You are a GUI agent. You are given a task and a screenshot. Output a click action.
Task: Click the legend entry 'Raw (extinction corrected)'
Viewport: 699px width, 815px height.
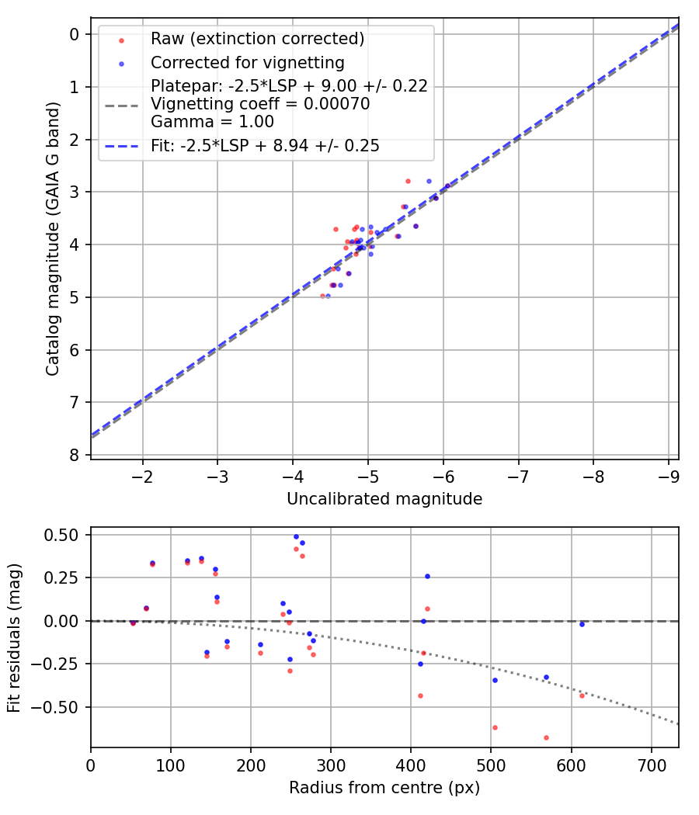point(257,38)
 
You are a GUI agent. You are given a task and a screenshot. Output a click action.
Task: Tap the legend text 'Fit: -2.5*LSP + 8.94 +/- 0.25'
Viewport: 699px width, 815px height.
point(265,145)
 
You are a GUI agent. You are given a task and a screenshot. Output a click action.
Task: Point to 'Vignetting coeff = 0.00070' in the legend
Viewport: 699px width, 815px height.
point(260,103)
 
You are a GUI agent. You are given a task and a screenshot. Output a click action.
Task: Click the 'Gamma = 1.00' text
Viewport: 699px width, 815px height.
point(212,121)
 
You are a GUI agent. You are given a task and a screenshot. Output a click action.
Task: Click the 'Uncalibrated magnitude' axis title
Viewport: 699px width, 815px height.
point(384,499)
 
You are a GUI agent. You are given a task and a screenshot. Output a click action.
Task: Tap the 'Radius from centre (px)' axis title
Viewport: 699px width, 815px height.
point(384,788)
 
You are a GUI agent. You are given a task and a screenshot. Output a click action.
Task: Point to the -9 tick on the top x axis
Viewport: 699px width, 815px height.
point(669,475)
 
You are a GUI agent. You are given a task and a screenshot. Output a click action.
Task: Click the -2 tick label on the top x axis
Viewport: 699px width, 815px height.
point(142,475)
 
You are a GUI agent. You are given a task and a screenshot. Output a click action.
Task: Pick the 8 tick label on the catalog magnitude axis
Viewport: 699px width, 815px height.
point(75,455)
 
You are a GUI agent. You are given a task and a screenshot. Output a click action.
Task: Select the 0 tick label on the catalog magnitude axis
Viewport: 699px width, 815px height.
point(75,34)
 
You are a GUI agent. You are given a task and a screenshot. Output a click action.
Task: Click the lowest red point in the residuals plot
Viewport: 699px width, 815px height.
point(546,737)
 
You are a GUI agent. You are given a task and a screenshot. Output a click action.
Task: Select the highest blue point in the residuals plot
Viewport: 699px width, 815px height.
point(296,536)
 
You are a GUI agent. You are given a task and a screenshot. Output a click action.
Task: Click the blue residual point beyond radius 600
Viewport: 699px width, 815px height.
point(582,624)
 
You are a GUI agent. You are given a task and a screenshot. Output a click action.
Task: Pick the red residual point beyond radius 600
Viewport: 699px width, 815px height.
point(582,695)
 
